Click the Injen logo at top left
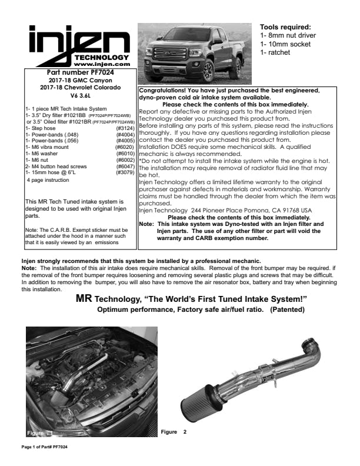point(79,45)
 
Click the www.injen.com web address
point(102,64)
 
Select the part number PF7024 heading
point(80,72)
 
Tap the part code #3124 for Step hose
point(125,128)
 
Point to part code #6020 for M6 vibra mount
point(125,147)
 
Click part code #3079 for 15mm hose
point(125,172)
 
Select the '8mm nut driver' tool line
point(288,35)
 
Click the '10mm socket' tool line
point(285,44)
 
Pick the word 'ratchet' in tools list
point(279,52)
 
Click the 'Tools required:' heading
point(285,27)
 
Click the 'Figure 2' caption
point(174,432)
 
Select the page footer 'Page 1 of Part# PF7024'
point(45,447)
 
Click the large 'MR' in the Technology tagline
point(84,298)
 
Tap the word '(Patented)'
point(287,309)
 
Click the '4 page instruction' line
point(48,180)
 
